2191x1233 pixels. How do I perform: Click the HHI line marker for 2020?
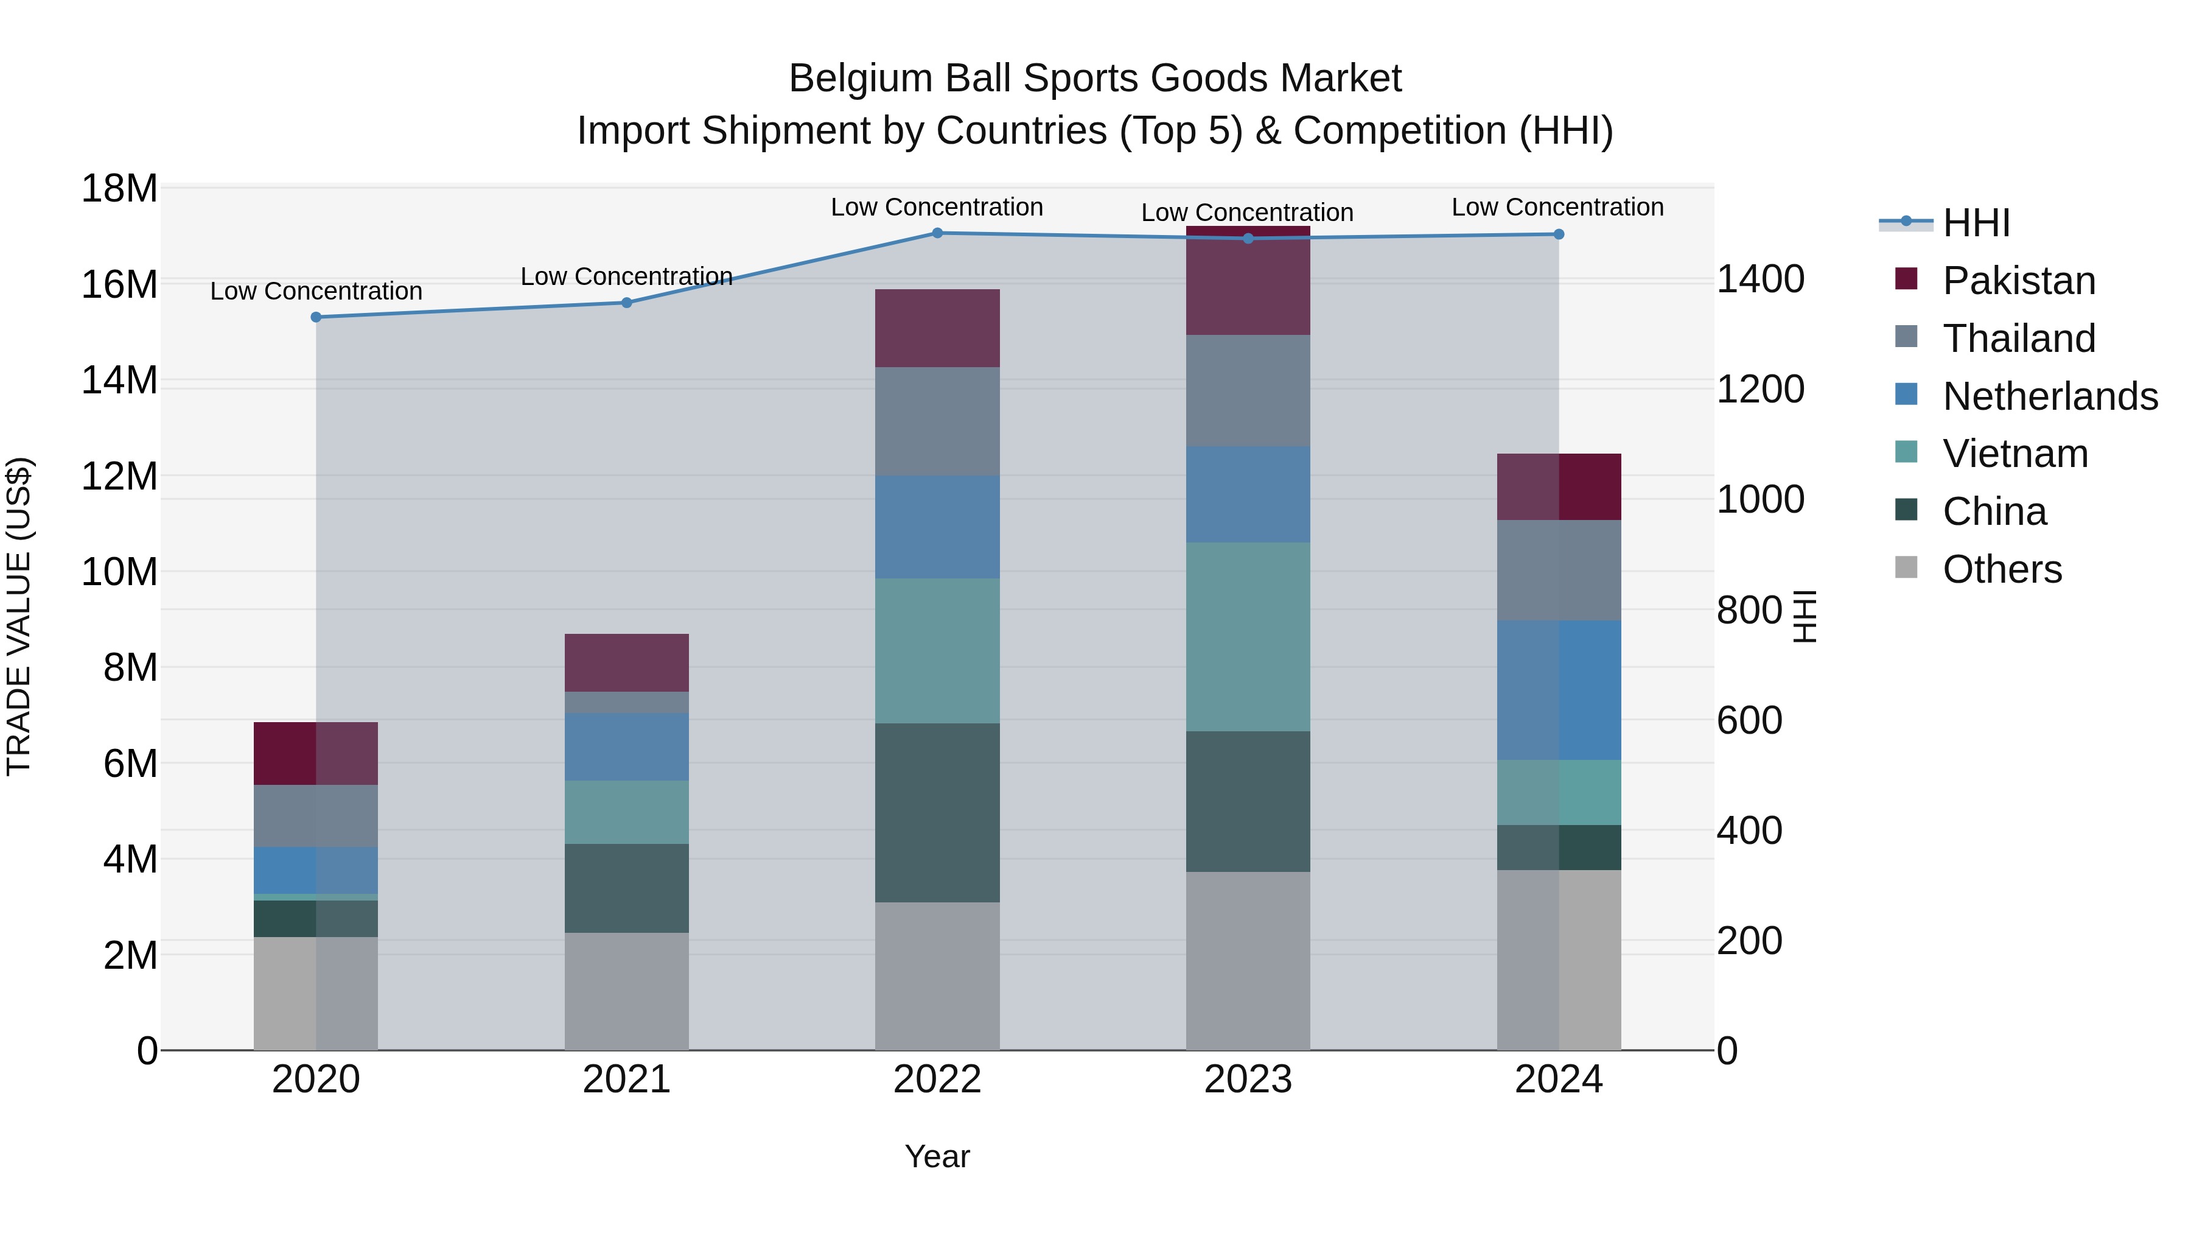coord(316,317)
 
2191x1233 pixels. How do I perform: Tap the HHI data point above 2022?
coord(937,233)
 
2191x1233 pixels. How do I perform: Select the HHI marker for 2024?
coord(1558,234)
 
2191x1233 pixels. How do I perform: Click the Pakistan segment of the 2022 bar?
coord(937,328)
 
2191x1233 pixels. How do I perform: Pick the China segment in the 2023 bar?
coord(1248,801)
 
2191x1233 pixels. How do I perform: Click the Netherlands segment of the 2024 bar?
coord(1558,690)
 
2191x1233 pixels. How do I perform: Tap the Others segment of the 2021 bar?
coord(627,991)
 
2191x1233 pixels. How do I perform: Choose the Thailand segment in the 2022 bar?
coord(937,421)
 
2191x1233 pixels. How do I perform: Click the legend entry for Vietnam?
coord(2015,454)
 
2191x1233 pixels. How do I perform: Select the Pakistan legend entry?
coord(2018,281)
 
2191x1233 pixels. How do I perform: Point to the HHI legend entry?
coord(1976,223)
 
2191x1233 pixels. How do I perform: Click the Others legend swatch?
coord(1906,567)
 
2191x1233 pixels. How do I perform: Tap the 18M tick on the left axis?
coord(119,188)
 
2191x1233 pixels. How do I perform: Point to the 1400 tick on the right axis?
coord(1759,279)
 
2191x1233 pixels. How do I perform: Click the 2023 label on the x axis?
coord(1248,1080)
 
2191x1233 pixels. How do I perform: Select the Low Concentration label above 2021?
coord(626,276)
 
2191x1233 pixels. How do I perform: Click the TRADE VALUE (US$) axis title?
coord(19,616)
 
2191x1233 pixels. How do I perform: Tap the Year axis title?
coord(937,1156)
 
